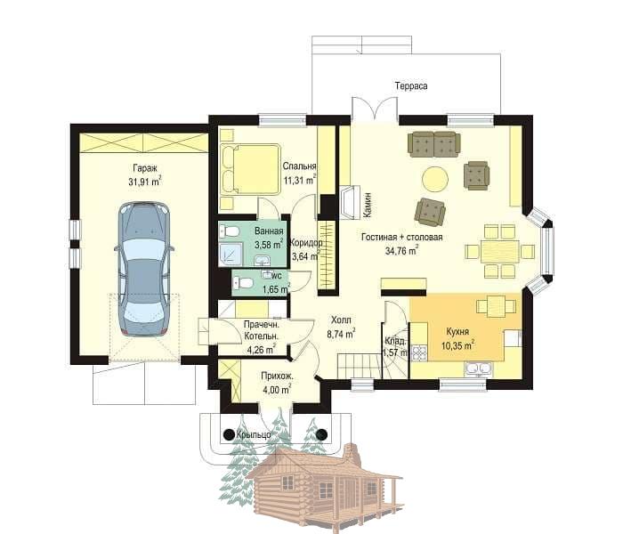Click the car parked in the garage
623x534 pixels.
click(x=144, y=270)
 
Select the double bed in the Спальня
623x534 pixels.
click(x=250, y=169)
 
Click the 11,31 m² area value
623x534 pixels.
click(x=300, y=180)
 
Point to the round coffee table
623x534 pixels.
click(x=435, y=180)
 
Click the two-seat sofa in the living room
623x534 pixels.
click(x=434, y=144)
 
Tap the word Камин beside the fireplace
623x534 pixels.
click(x=368, y=205)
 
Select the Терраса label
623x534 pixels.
click(x=411, y=85)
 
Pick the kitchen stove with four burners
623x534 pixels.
click(x=419, y=352)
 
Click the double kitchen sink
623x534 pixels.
click(x=479, y=369)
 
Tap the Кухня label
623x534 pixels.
click(x=457, y=332)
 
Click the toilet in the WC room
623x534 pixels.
click(x=243, y=283)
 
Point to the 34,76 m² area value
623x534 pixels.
click(x=401, y=251)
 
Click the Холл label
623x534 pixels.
click(x=341, y=320)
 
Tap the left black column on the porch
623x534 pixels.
click(x=229, y=434)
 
